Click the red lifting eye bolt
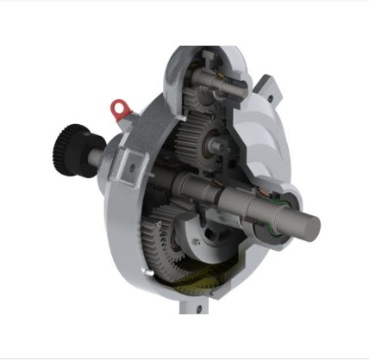(x=119, y=109)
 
